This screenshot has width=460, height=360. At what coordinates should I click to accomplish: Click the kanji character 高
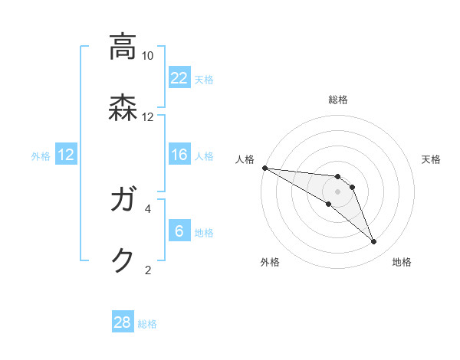click(123, 47)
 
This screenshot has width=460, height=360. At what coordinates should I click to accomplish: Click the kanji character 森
click(123, 108)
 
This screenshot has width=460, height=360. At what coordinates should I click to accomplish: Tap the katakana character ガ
click(123, 201)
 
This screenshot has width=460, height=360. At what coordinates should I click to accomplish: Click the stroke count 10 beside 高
click(147, 56)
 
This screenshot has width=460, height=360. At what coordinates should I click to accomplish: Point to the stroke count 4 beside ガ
click(148, 208)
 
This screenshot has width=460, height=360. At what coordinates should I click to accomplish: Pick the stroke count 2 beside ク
click(148, 269)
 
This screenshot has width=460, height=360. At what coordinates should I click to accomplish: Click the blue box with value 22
click(179, 78)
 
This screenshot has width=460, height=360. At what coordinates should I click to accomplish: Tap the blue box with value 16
click(179, 155)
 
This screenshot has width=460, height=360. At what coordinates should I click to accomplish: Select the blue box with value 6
click(179, 231)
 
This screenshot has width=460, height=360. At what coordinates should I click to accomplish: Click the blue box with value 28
click(123, 322)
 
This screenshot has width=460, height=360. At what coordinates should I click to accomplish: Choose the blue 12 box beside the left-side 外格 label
click(66, 155)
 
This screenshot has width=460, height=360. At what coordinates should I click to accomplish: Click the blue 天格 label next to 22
click(204, 79)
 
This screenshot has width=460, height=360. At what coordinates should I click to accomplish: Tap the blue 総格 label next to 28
click(147, 324)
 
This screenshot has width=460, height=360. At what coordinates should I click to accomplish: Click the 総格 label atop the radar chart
click(338, 100)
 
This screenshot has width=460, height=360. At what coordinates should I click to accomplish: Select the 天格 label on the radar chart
click(431, 159)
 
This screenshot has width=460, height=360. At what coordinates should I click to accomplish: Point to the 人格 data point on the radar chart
click(264, 168)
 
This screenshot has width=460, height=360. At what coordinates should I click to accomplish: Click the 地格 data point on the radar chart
click(374, 242)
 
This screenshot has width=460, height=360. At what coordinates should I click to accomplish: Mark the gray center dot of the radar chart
click(337, 191)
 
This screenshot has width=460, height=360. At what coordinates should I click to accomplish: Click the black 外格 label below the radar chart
click(270, 262)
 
